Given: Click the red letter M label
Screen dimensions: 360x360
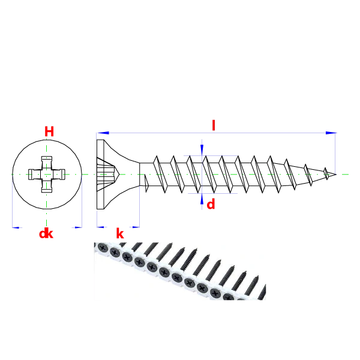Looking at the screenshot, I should (x=49, y=131).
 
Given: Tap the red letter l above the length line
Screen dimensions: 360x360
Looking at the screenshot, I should (x=213, y=124).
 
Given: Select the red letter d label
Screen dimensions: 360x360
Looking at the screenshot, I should (x=211, y=205).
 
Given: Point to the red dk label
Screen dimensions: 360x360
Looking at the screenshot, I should (x=46, y=234).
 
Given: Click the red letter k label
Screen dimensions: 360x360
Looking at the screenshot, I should (x=119, y=233).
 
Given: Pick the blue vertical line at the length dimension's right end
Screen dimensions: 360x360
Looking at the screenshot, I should (x=334, y=153).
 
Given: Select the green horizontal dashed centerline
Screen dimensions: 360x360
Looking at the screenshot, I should (x=180, y=175).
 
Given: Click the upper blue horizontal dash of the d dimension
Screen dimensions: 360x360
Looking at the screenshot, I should (x=210, y=156).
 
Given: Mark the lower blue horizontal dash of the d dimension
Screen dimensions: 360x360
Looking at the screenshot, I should (x=213, y=194).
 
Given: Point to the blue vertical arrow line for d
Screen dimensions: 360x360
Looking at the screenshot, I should (x=203, y=174).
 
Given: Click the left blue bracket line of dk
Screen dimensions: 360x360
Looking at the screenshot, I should (x=11, y=207).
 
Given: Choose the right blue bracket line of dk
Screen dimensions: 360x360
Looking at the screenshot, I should (x=82, y=204).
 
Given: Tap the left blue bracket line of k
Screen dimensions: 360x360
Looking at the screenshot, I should (x=97, y=220).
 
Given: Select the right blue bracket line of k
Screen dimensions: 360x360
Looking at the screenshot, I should (x=140, y=207).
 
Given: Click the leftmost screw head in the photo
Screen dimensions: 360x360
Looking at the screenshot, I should (x=102, y=247).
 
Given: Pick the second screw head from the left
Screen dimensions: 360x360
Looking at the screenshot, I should (x=115, y=253).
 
